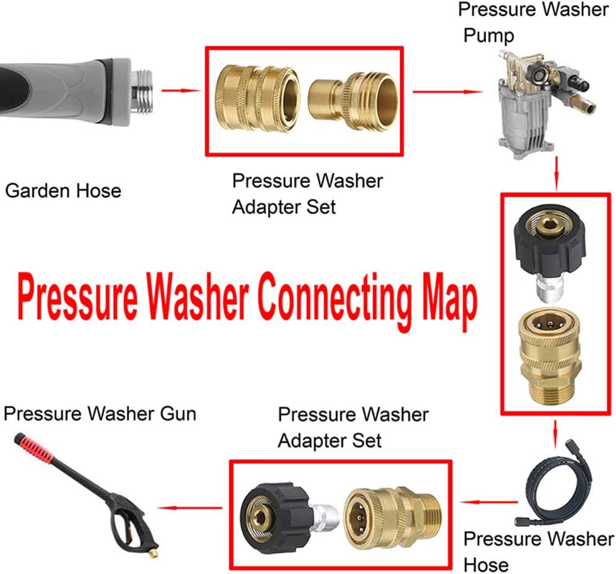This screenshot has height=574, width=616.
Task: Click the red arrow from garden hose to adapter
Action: tap(181, 92)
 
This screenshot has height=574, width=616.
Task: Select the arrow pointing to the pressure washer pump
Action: tap(447, 92)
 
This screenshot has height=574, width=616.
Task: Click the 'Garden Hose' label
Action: tap(63, 191)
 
